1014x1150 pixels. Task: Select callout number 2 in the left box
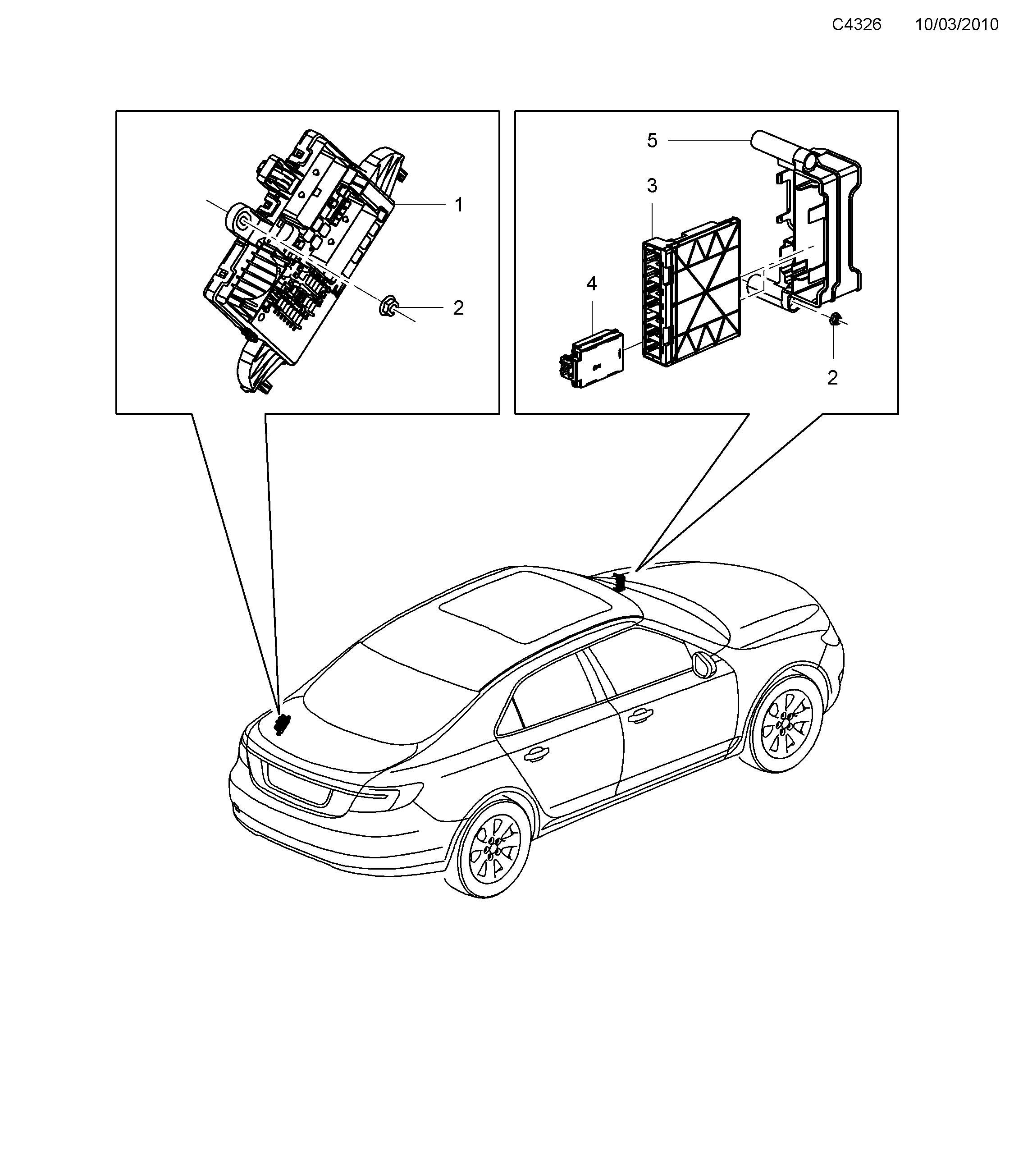point(458,308)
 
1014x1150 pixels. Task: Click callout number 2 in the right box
point(832,377)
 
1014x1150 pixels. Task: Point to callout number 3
point(652,186)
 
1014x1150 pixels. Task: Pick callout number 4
point(591,284)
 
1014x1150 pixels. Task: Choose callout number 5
point(652,140)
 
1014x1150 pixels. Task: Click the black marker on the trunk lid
point(283,724)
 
